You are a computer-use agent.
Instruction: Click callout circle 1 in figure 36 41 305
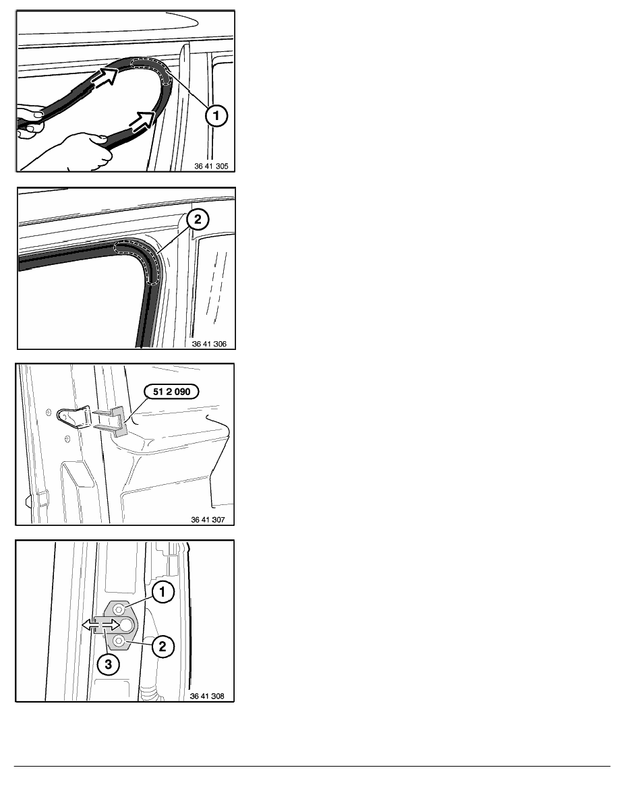216,115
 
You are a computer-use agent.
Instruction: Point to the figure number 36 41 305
212,166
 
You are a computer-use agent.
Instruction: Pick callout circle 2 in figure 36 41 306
198,220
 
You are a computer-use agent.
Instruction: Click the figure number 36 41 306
210,344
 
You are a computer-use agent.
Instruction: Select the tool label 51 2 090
171,392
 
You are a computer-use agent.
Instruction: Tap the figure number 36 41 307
208,520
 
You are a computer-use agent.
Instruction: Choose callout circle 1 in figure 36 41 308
163,592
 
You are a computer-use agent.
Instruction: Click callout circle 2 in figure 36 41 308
163,647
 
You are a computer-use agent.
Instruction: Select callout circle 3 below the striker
109,665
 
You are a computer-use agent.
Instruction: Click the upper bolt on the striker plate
119,608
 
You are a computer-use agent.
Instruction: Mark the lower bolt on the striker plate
119,641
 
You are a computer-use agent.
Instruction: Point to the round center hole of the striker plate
126,624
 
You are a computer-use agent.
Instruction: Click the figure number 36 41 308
207,696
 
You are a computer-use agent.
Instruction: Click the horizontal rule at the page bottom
312,766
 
